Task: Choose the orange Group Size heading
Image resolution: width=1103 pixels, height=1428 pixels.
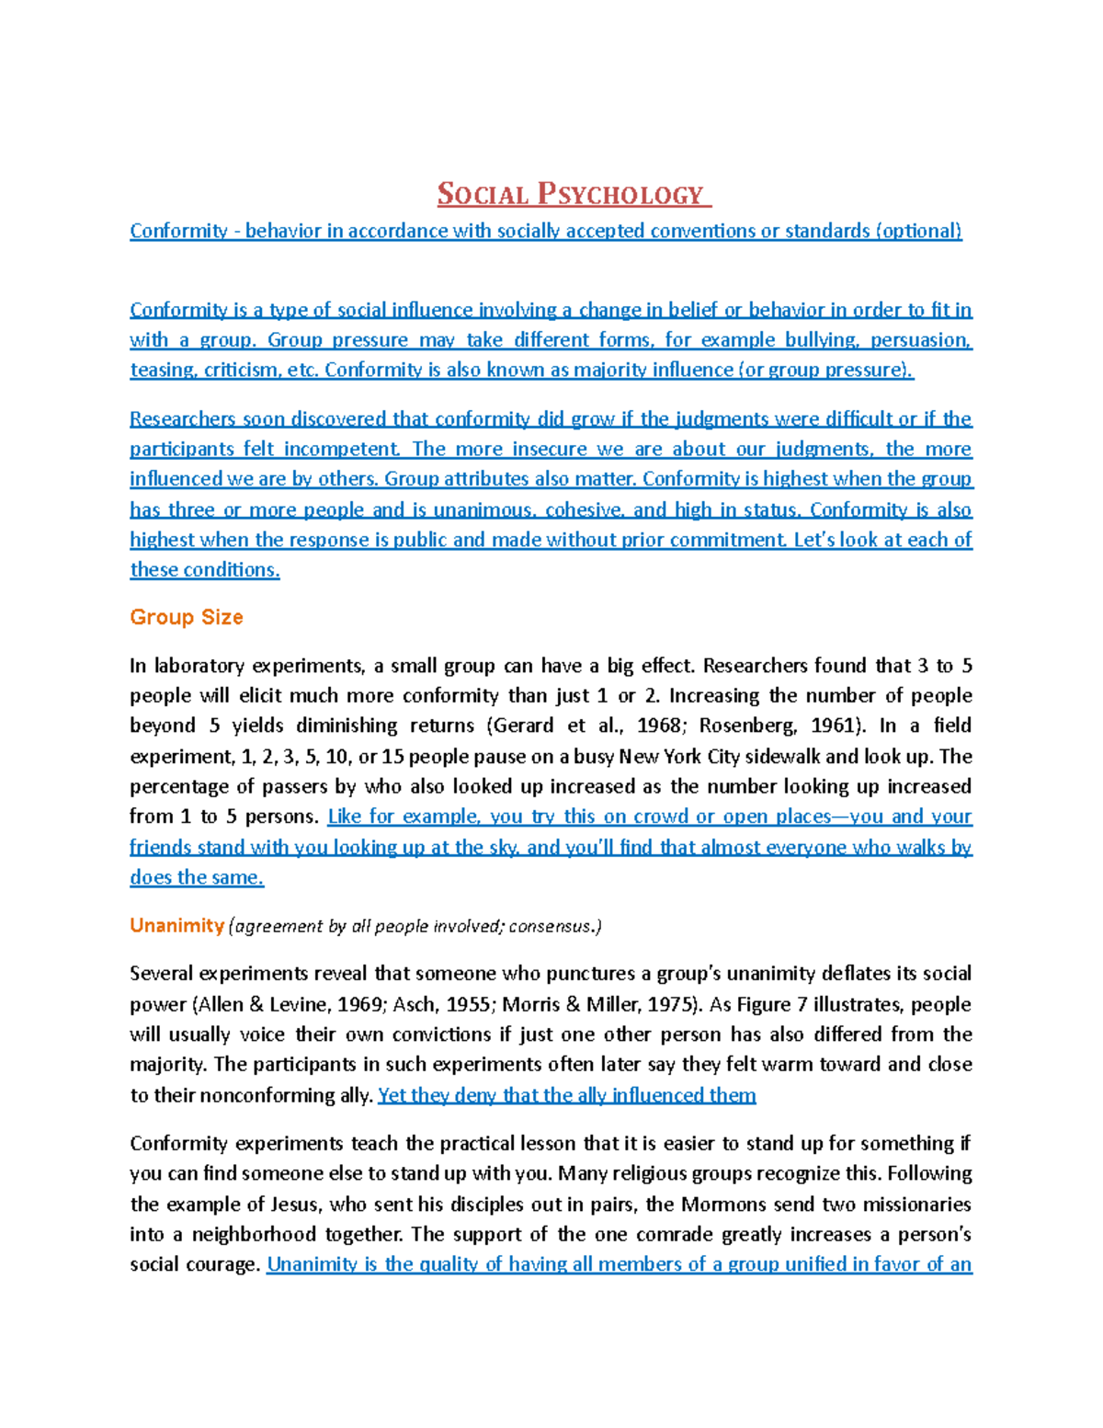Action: point(187,617)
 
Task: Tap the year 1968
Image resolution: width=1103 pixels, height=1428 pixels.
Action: point(660,725)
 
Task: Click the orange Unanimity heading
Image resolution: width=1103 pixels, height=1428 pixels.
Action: point(176,926)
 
